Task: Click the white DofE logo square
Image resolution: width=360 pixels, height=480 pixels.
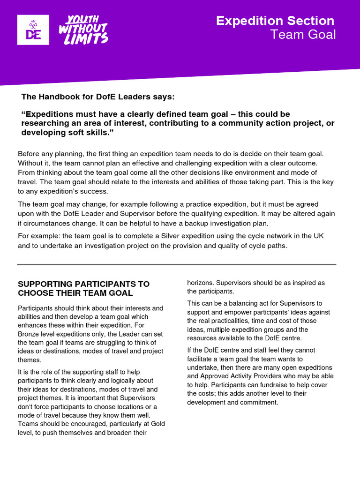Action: coord(33,30)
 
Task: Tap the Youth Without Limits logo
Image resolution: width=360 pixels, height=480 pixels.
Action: coord(83,30)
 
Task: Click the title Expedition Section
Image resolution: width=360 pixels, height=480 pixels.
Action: coord(275,21)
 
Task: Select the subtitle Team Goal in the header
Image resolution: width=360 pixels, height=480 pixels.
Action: coord(303,35)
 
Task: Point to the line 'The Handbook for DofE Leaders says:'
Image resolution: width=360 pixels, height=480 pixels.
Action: coord(97,97)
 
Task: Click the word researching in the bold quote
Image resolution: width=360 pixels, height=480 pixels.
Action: coord(44,123)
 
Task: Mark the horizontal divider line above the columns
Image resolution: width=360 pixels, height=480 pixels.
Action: coord(176,265)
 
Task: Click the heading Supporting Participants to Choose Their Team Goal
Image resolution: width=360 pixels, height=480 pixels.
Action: coord(83,288)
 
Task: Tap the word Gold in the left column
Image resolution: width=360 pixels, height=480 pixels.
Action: coord(157,424)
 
